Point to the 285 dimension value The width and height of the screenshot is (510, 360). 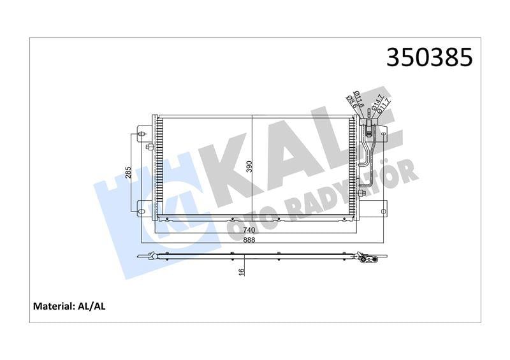[x=128, y=172]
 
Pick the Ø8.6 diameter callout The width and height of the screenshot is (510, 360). [x=349, y=102]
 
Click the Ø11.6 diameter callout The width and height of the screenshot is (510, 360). [x=358, y=99]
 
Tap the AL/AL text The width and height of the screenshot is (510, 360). [x=94, y=306]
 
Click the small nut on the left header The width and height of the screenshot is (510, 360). [x=148, y=148]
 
